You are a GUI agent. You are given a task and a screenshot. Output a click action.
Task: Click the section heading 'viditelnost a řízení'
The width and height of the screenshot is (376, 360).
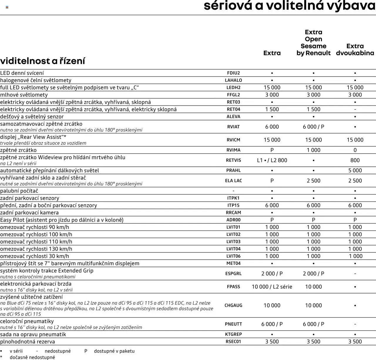(x=43, y=61)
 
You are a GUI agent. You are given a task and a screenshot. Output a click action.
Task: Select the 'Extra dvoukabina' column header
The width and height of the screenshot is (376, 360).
(x=355, y=49)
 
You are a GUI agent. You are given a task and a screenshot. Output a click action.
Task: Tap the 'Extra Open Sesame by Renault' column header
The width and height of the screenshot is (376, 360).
(x=313, y=43)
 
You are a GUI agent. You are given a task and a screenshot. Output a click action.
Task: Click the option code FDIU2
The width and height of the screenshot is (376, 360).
(x=234, y=73)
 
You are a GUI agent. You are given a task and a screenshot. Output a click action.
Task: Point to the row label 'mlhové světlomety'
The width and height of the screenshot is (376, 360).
(x=24, y=95)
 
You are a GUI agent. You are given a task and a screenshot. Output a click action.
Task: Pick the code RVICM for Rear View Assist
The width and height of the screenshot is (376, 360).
(x=234, y=140)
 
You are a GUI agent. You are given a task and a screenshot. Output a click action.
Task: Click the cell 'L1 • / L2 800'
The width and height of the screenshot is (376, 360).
(x=272, y=160)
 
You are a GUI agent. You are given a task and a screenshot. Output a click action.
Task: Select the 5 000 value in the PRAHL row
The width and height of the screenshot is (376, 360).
(x=355, y=171)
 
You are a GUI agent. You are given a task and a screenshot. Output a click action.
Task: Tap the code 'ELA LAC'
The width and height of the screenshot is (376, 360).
(x=234, y=181)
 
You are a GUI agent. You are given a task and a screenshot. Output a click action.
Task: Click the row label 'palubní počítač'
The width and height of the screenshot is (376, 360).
(x=19, y=191)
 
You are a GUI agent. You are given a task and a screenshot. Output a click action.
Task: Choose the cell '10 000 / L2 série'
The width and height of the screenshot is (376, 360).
(x=272, y=287)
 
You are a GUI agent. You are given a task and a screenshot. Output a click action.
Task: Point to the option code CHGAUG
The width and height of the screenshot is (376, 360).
(x=234, y=305)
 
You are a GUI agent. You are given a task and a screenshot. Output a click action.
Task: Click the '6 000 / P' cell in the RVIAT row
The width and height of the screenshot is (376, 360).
(x=313, y=127)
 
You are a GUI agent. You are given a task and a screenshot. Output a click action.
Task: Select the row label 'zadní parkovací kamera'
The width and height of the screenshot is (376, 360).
(x=29, y=213)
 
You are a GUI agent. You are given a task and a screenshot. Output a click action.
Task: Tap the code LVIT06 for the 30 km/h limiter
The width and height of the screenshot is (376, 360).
(x=234, y=256)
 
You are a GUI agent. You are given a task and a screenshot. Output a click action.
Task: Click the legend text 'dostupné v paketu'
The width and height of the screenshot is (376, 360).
(x=114, y=351)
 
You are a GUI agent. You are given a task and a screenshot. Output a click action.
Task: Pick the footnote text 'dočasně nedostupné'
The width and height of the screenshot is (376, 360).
(x=32, y=357)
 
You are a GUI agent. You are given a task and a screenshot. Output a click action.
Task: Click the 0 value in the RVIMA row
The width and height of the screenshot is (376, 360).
(x=355, y=150)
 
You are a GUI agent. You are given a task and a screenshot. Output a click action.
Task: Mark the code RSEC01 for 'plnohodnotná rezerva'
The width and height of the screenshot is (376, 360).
(x=234, y=342)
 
